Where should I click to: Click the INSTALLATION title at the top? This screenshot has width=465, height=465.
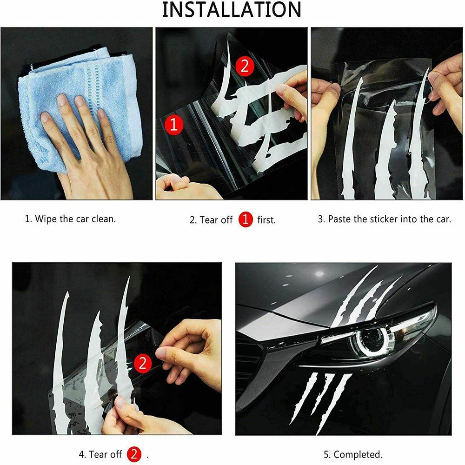point(232,9)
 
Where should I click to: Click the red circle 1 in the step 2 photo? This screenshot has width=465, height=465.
point(174,125)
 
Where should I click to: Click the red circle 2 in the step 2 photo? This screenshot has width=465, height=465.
point(245,66)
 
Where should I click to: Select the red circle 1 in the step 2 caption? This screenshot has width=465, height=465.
point(245,219)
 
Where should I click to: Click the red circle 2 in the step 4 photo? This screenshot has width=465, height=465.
point(143,363)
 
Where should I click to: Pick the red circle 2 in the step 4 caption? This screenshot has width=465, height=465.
point(134,454)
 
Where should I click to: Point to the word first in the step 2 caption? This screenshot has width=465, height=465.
point(266,220)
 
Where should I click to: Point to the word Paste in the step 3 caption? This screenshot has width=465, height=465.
point(339,219)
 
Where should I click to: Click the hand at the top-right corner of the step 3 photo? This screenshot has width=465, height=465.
point(445,89)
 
